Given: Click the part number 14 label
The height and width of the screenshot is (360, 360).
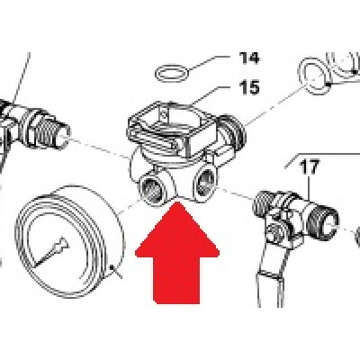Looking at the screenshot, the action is (248, 58).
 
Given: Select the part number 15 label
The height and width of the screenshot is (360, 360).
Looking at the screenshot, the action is (249, 88).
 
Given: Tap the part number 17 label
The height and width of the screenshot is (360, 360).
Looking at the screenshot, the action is (310, 167).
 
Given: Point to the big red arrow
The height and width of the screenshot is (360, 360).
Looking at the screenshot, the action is (177, 253).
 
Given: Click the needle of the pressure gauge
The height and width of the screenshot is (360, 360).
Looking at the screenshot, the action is (51, 251).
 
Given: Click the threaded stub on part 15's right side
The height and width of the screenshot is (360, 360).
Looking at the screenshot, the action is (232, 130).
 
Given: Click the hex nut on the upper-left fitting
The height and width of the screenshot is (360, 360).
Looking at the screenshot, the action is (30, 123).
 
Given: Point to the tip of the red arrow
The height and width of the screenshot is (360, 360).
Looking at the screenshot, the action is (177, 202).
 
